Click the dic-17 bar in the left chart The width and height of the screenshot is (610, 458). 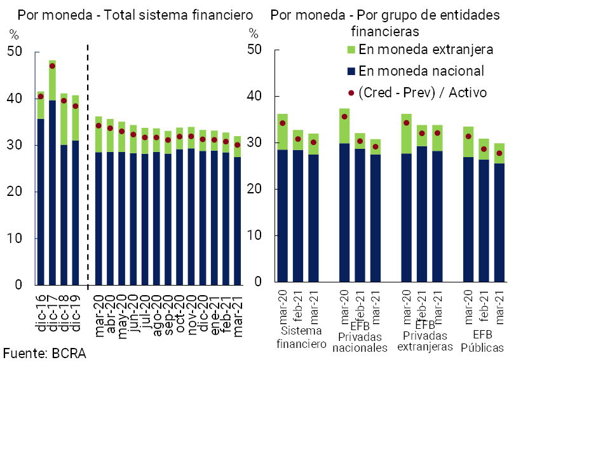coord(52,191)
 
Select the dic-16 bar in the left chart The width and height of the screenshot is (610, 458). coord(41,204)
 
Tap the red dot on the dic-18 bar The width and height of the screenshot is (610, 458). coord(64,101)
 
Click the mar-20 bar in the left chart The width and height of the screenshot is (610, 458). coord(98,216)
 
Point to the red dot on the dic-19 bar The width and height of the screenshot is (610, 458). coord(75,106)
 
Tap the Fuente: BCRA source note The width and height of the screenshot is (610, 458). coord(44,354)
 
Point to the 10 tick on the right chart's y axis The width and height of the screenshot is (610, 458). coord(254,236)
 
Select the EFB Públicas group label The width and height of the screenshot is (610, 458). coord(482,341)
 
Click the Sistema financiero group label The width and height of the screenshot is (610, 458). coord(301,338)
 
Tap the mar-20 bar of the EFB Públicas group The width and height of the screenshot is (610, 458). coord(468,216)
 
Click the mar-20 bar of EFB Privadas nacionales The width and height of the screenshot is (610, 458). coord(344,216)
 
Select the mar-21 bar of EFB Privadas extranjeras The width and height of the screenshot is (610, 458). coord(437,216)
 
